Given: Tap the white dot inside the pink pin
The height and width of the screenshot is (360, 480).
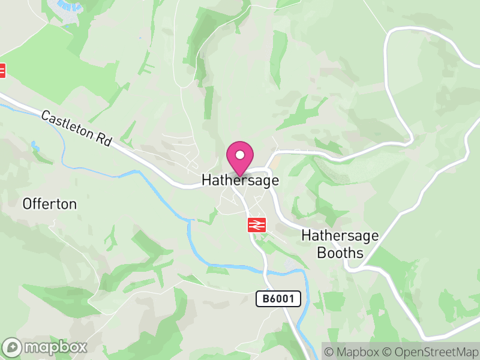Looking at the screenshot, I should point(240,155).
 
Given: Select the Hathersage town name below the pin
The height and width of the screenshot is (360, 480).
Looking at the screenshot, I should point(240,180).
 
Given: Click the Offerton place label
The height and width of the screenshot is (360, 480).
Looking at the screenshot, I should point(50,204).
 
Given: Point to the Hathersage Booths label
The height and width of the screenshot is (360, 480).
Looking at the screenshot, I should point(340,244).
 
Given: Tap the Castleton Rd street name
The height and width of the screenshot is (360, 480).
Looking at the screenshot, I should point(77,128).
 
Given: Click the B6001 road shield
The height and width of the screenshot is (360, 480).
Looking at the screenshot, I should point(278,299).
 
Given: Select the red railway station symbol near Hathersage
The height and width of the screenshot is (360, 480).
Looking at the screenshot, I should point(257,225).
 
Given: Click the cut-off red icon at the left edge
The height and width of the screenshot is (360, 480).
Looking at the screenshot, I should point(2,70).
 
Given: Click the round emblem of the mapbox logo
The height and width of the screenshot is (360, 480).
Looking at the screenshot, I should point(13,347).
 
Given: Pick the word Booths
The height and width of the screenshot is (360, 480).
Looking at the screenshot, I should point(341,253).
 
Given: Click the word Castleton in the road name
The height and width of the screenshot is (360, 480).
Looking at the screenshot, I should point(67,124).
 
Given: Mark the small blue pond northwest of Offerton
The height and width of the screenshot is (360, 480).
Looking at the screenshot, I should point(35,146).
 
